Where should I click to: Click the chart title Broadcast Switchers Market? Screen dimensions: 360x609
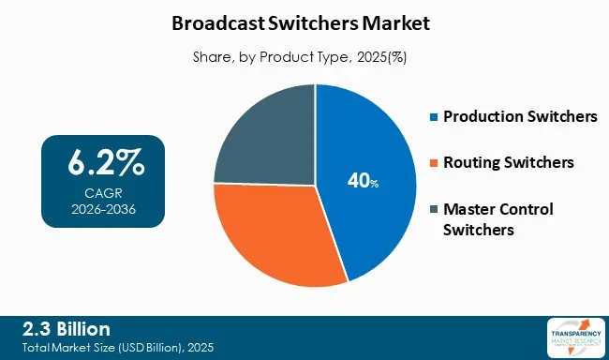(304, 21)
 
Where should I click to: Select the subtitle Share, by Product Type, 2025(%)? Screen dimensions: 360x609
(304, 56)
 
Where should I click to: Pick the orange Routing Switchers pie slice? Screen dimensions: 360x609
(276, 234)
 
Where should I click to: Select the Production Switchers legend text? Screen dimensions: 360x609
(519, 117)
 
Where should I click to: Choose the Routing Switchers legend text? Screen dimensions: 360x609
(509, 163)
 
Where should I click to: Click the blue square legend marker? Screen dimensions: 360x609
(433, 118)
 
